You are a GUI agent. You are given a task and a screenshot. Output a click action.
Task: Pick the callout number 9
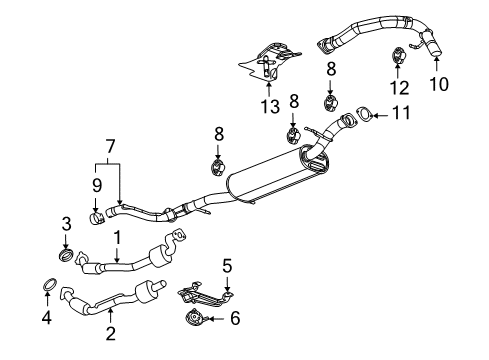[x=97, y=186]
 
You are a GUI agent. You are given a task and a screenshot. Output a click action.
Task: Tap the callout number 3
[x=65, y=223]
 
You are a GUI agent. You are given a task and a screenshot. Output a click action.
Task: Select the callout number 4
[x=44, y=321]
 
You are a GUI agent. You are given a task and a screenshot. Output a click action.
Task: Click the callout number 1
[x=117, y=237]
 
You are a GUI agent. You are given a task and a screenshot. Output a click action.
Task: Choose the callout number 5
[x=227, y=265]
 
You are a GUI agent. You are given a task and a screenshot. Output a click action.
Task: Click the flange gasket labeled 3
[x=67, y=257]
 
